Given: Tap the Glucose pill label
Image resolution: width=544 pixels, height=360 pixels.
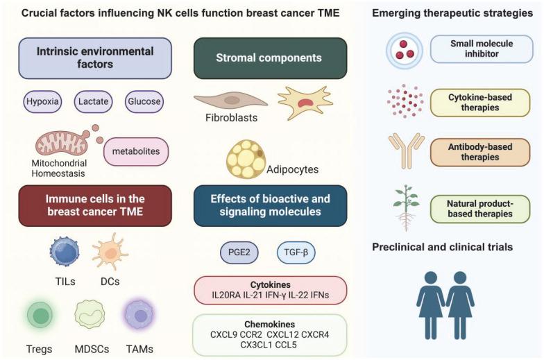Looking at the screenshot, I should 144,101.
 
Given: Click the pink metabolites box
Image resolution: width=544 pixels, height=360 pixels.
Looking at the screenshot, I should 136,151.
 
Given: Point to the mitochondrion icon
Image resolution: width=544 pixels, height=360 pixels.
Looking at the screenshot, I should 62,143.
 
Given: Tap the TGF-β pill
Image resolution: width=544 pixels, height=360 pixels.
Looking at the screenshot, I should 296,252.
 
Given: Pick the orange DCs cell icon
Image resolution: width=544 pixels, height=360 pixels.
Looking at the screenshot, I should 110,251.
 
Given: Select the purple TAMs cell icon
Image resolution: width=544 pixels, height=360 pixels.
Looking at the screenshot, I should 140,316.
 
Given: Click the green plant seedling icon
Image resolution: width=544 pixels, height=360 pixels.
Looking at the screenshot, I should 406,206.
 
